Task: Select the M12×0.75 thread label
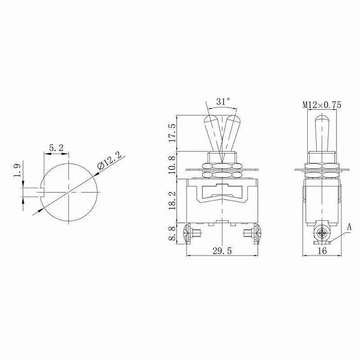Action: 322,104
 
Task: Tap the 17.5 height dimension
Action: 173,133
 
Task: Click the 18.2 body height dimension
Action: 173,200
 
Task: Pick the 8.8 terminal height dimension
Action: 173,233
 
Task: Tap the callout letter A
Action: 350,227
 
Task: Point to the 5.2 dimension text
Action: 56,146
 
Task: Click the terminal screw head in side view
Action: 323,233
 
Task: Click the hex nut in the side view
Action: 322,161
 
